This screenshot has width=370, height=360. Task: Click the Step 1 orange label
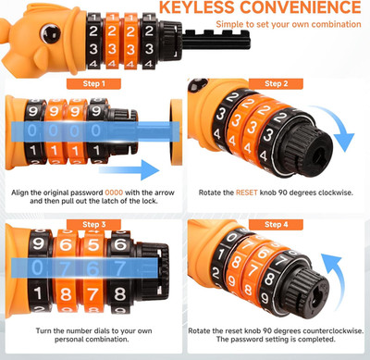pyautogui.click(x=93, y=83)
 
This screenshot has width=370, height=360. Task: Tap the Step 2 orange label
pyautogui.click(x=276, y=83)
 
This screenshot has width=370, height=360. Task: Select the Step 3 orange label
pyautogui.click(x=93, y=224)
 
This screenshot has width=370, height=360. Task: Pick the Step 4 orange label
pyautogui.click(x=276, y=224)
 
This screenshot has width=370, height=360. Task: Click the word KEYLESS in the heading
pyautogui.click(x=197, y=7)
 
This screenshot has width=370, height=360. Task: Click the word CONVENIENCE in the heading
pyautogui.click(x=301, y=7)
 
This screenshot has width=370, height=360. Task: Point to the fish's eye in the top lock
pyautogui.click(x=50, y=32)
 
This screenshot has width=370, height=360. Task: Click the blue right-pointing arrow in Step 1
pyautogui.click(x=129, y=169)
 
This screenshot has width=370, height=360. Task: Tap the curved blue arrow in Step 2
pyautogui.click(x=336, y=127)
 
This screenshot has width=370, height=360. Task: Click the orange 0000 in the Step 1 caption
pyautogui.click(x=114, y=192)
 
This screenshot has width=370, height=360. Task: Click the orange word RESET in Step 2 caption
pyautogui.click(x=246, y=192)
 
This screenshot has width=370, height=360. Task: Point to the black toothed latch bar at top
pyautogui.click(x=216, y=40)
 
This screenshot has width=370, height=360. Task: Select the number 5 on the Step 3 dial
pyautogui.click(x=93, y=244)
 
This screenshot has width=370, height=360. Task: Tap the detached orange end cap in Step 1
pyautogui.click(x=176, y=132)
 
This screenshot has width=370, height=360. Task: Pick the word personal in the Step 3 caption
pyautogui.click(x=69, y=340)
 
